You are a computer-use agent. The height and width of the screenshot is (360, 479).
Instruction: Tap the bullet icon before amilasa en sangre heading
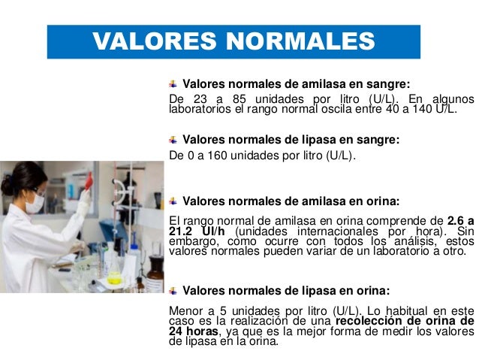[173, 83]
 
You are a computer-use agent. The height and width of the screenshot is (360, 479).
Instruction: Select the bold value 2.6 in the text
[456, 220]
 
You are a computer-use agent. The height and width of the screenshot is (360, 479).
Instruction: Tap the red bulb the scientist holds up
[89, 180]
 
